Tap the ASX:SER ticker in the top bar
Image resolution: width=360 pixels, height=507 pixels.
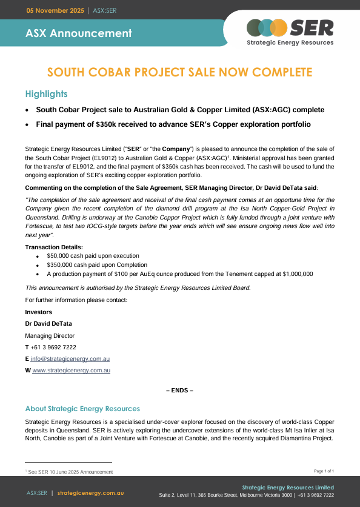tap(104, 10)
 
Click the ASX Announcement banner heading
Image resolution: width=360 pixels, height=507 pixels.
tap(78, 33)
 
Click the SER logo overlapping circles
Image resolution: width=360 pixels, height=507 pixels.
tap(267, 28)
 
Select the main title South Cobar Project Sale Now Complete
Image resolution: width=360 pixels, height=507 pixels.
tap(180, 73)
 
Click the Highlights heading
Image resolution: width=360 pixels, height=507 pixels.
tap(46, 94)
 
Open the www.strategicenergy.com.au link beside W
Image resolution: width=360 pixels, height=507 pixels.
tap(71, 370)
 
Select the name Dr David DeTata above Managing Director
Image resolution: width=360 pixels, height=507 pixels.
tap(48, 324)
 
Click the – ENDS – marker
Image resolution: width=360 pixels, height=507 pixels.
tap(179, 390)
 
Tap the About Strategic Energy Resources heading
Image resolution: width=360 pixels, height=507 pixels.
tap(82, 409)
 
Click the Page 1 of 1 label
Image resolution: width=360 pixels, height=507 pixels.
tap(324, 471)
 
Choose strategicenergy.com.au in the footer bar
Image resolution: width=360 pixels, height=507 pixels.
tap(92, 492)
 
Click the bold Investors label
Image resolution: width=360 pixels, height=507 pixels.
tap(39, 312)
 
